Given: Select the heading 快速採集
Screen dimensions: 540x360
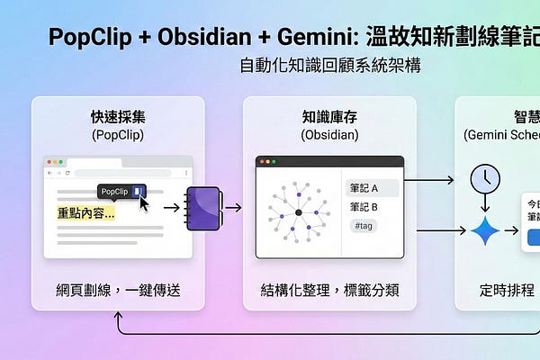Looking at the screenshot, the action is click(x=117, y=117).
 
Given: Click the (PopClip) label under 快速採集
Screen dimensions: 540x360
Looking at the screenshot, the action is click(x=117, y=134).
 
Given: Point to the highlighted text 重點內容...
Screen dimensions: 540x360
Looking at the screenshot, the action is click(x=85, y=213).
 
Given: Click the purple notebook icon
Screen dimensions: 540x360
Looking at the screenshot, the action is click(x=203, y=208).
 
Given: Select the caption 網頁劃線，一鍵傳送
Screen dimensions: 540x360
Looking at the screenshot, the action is click(x=117, y=291).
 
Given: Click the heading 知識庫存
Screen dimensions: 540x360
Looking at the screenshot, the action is click(x=329, y=117).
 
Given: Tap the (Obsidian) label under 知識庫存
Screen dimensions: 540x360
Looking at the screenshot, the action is click(x=329, y=134).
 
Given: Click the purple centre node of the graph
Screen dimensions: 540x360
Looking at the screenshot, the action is click(x=298, y=213).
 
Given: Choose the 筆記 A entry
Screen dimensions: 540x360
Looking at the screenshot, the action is click(x=362, y=189).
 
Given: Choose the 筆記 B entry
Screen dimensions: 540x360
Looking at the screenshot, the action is click(x=362, y=207).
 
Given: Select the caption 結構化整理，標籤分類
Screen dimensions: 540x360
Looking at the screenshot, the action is click(x=329, y=291).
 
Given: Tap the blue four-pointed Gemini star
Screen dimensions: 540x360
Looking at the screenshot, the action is click(x=485, y=231).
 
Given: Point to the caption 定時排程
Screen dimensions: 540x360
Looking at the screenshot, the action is click(x=506, y=291).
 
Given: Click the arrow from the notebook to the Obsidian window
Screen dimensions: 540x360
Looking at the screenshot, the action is click(x=233, y=208).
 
